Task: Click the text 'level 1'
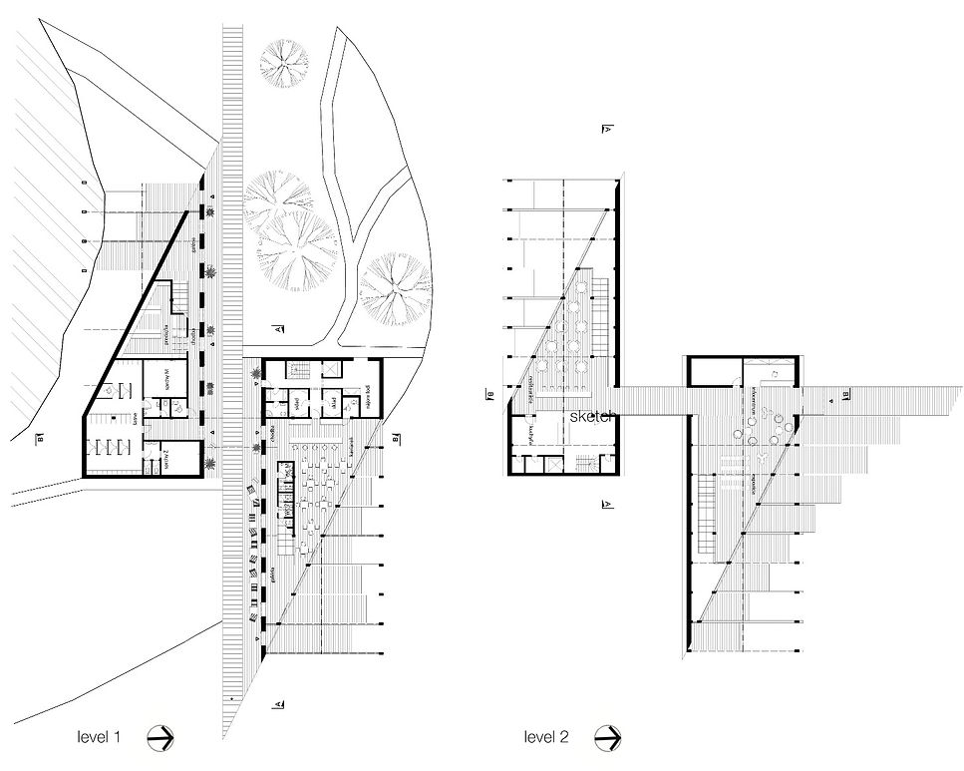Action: [x=99, y=738]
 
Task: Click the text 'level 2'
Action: [x=546, y=738]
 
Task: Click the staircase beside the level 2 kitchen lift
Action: [x=594, y=465]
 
